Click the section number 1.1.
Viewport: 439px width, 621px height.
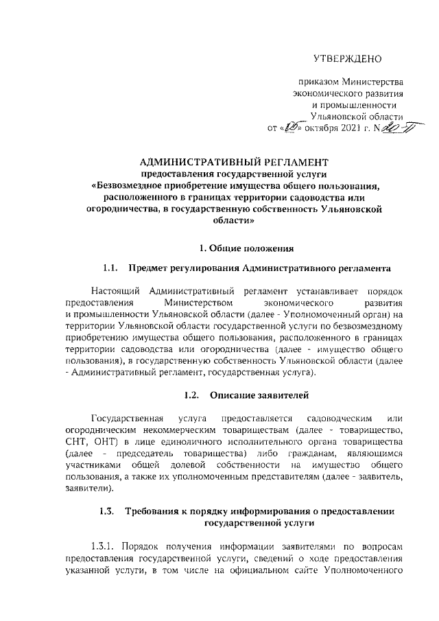click(x=111, y=267)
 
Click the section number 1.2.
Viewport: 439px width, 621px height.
click(x=194, y=395)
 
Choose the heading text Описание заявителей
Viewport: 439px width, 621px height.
click(x=259, y=395)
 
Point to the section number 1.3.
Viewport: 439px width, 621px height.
click(x=106, y=512)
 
